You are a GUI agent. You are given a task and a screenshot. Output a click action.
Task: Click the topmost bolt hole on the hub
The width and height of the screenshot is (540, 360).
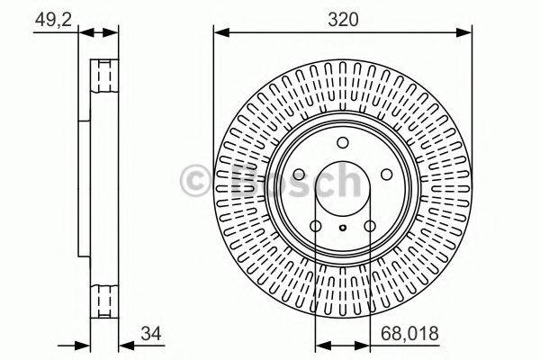tap(342, 144)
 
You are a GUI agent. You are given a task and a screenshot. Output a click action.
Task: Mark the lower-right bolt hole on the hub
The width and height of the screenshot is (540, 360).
tap(371, 227)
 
